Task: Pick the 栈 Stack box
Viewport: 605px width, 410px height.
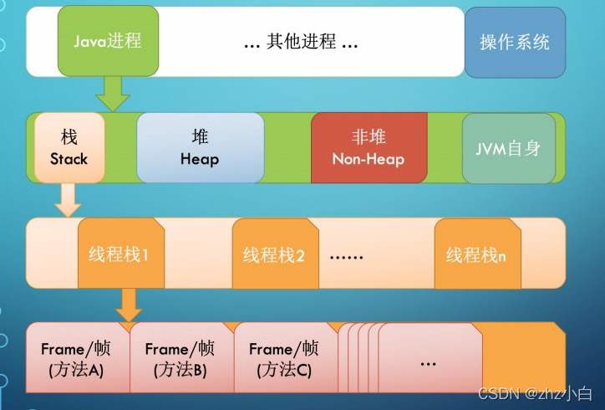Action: tap(69, 147)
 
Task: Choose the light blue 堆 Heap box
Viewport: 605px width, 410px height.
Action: tap(200, 147)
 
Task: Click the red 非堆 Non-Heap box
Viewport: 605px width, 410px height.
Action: tap(368, 147)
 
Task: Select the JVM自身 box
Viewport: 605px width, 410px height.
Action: tap(508, 148)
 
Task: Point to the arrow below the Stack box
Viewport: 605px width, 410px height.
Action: tap(67, 199)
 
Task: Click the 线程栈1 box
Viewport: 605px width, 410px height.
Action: tap(119, 253)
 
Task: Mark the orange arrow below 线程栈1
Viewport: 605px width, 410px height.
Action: tap(129, 305)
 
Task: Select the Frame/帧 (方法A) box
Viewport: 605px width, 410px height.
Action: tap(76, 358)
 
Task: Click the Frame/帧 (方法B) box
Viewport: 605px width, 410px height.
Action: tap(180, 358)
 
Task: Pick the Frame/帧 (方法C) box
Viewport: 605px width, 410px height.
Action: tap(284, 358)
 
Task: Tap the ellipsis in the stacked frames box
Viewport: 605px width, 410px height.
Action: tap(428, 363)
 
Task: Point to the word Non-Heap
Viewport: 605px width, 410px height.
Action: tap(368, 158)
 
